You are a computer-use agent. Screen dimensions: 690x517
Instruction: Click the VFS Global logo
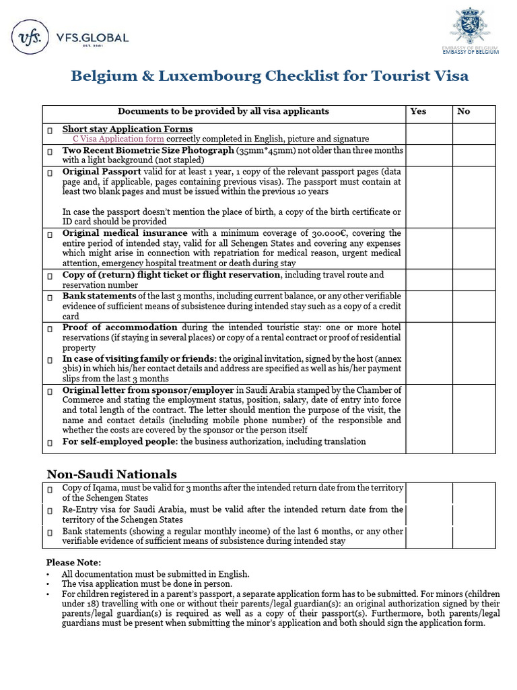click(70, 38)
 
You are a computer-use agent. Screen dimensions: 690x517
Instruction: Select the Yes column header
click(418, 111)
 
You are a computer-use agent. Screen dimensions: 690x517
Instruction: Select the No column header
click(463, 111)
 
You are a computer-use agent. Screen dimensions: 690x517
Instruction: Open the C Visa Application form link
click(118, 138)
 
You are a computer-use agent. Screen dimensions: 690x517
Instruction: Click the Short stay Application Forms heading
click(127, 129)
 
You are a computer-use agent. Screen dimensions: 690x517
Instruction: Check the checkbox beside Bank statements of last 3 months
click(50, 297)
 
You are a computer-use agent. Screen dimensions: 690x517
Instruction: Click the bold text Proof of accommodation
click(120, 327)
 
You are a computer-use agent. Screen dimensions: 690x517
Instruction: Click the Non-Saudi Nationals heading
click(111, 474)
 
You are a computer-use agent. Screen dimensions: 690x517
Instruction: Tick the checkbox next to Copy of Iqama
click(50, 489)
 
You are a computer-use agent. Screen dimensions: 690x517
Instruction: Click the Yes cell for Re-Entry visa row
click(428, 515)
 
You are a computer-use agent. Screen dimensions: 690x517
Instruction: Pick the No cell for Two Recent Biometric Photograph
click(473, 155)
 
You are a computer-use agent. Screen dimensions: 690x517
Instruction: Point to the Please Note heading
click(74, 562)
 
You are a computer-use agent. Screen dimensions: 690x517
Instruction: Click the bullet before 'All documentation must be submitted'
click(48, 574)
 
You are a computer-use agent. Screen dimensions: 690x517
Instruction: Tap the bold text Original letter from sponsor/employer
click(148, 390)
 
